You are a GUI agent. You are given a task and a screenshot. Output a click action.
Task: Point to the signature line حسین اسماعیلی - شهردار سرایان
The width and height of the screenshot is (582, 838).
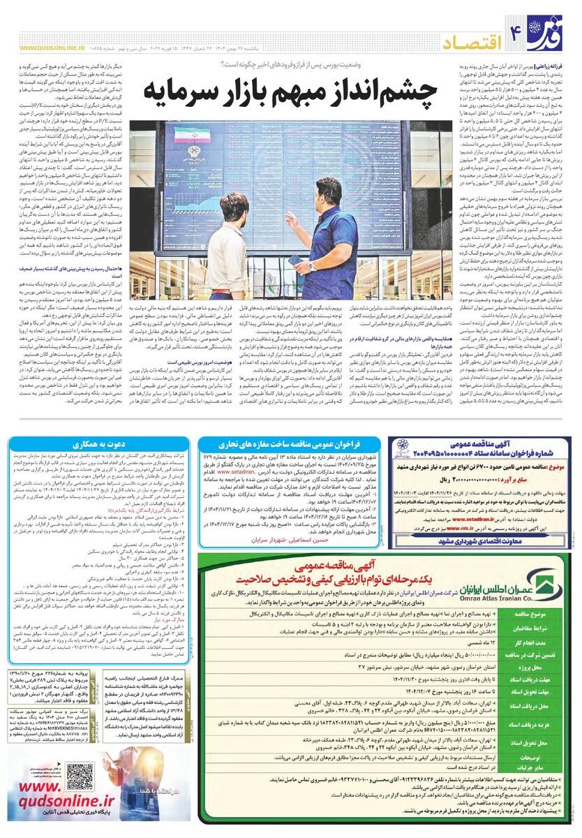tap(279, 540)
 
